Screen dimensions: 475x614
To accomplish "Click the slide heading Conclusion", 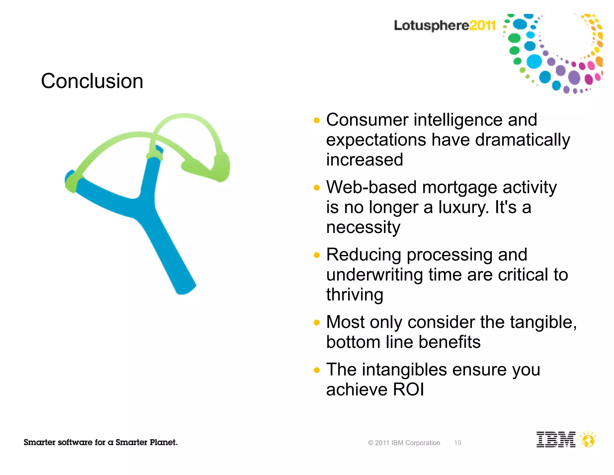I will click(92, 81).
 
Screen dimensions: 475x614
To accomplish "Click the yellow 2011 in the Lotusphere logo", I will click(482, 25).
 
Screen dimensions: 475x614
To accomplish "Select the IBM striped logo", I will click(556, 440).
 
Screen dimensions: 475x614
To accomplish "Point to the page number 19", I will click(458, 443).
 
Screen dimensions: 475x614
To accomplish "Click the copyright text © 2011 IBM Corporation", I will click(404, 443).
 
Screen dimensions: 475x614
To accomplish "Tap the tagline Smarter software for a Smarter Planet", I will click(100, 442).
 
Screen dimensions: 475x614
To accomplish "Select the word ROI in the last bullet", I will click(408, 389).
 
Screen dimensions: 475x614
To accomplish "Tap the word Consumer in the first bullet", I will click(367, 120).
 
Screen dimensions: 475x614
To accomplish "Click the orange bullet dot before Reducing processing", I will click(317, 255).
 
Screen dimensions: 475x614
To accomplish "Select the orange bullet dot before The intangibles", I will click(317, 370).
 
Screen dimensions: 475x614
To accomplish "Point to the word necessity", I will click(363, 227).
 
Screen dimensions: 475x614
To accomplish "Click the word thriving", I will click(355, 295).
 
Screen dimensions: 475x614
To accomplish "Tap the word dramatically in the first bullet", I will click(522, 140).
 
